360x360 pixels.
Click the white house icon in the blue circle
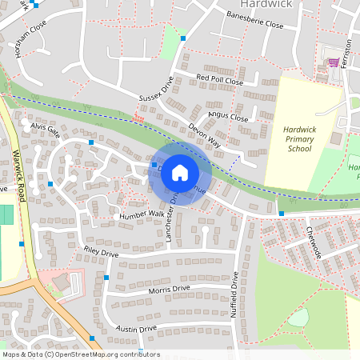click(180, 172)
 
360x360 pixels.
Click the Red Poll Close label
click(219, 80)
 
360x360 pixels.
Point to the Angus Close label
click(229, 118)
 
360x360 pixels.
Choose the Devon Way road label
click(204, 136)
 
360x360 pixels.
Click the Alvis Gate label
click(46, 129)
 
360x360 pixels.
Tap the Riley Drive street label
click(101, 252)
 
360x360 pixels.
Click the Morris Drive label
click(170, 288)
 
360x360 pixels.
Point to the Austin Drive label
click(136, 328)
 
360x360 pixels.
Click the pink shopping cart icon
click(333, 62)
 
